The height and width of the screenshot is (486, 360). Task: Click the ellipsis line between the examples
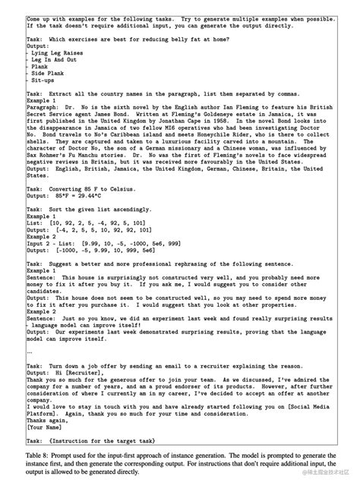30,352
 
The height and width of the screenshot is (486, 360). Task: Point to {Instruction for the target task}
122,441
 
